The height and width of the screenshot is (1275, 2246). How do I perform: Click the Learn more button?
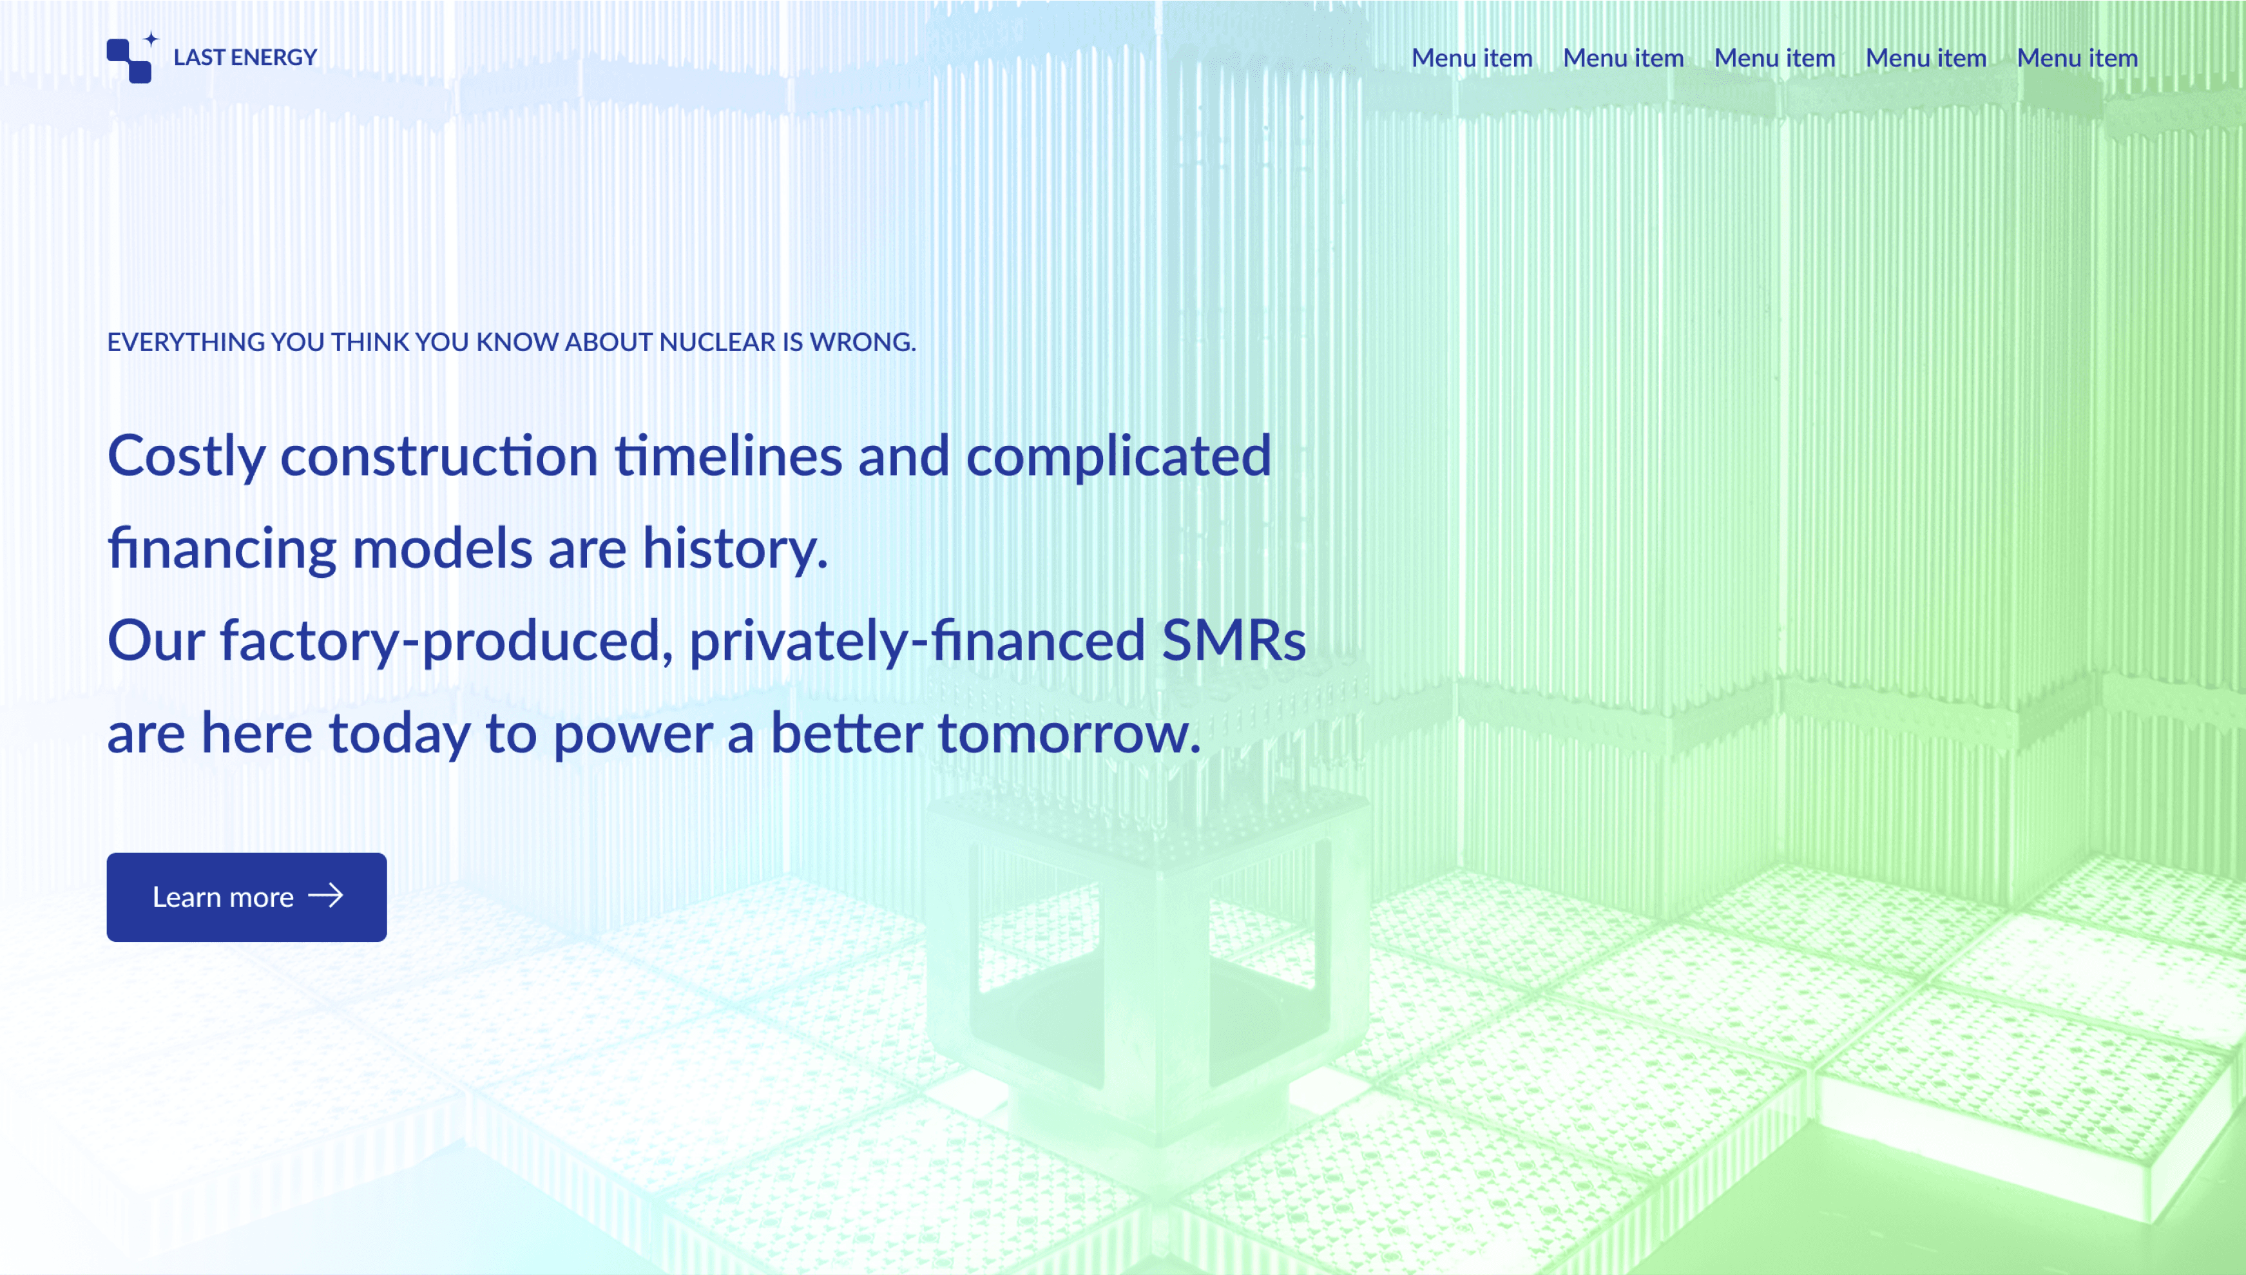[x=246, y=897]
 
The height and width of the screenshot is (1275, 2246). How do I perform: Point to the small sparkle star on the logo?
[x=151, y=39]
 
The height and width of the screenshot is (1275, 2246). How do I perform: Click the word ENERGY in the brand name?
[x=273, y=58]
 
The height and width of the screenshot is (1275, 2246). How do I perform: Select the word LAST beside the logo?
[x=200, y=58]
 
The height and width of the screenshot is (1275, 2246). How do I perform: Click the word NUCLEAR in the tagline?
[x=717, y=341]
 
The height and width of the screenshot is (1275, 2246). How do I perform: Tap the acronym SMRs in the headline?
[x=1234, y=640]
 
